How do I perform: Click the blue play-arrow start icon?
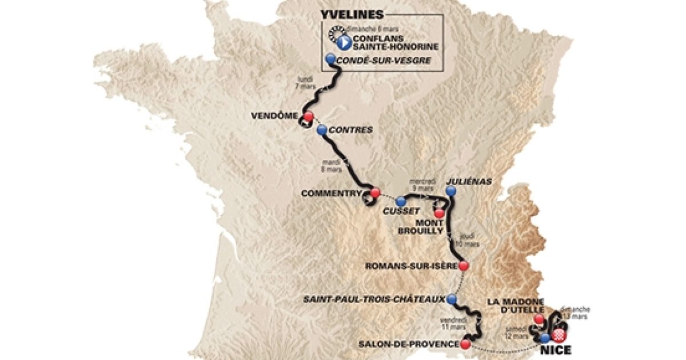[x=345, y=42]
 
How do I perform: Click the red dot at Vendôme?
[x=309, y=117]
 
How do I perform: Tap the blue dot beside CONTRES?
[x=322, y=130]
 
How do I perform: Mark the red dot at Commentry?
[x=375, y=193]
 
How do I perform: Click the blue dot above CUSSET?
[x=400, y=201]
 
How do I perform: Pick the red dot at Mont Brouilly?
[x=438, y=213]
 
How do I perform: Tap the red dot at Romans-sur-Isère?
[x=464, y=266]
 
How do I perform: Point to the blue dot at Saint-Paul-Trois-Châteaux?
[x=452, y=298]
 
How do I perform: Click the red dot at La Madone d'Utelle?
[x=538, y=319]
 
